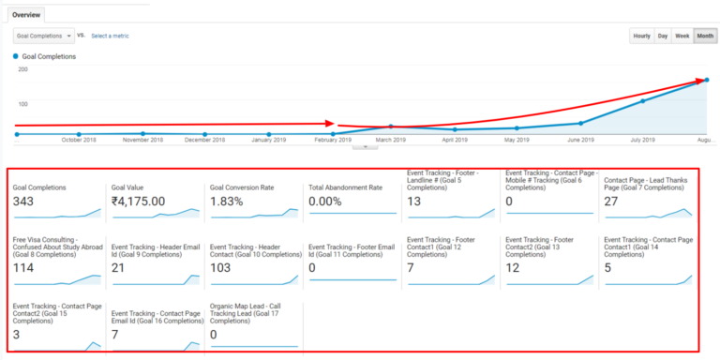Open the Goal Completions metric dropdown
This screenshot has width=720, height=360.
tap(43, 36)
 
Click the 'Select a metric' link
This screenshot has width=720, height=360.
tap(110, 36)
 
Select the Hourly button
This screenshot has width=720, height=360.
tap(641, 36)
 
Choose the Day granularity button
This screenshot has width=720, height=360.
tap(663, 36)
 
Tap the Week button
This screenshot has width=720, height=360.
tap(682, 36)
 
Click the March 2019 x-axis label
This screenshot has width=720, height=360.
tap(390, 140)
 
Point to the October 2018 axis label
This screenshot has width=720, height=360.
tap(79, 140)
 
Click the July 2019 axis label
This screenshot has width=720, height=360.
tap(642, 140)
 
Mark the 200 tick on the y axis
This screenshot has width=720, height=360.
tap(22, 69)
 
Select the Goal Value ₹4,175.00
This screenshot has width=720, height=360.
tap(138, 201)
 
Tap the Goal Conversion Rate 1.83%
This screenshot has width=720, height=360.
tap(230, 201)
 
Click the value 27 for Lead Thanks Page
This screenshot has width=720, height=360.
tap(611, 201)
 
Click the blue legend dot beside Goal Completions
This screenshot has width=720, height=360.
tap(16, 56)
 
